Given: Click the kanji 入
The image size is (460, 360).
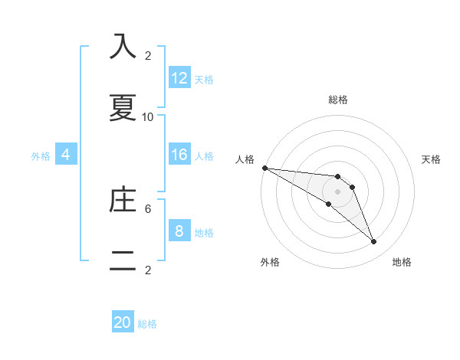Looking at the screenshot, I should point(123,47).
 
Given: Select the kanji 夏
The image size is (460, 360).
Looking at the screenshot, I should point(123,108).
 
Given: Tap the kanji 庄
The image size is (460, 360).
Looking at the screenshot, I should point(123,200).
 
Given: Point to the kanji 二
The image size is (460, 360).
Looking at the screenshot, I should point(123,261).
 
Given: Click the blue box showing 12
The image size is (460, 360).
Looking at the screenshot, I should point(179,78).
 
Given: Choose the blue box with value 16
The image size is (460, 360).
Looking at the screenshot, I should point(179,155).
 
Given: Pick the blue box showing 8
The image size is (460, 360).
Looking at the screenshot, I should point(179,231).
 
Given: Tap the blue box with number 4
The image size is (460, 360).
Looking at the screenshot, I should point(66,155).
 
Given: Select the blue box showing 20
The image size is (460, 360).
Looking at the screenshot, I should point(123,322).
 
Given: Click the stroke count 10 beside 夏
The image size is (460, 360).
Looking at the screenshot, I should point(148,116).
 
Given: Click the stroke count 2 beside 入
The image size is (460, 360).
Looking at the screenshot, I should point(148,55).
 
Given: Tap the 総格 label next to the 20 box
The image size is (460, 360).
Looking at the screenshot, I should point(148,324).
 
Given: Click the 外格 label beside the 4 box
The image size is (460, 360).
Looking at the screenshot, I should point(41,155).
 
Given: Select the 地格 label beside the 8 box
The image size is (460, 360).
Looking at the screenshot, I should point(204,232).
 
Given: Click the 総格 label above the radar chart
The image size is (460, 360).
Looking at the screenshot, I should point(338,100).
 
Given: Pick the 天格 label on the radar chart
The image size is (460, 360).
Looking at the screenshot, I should point(432,159).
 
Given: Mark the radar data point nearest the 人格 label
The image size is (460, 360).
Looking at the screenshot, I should point(264,168).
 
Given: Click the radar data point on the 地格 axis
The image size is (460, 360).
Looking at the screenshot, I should point(374,242).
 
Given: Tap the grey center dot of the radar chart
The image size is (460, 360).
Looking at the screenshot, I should point(337,191).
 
